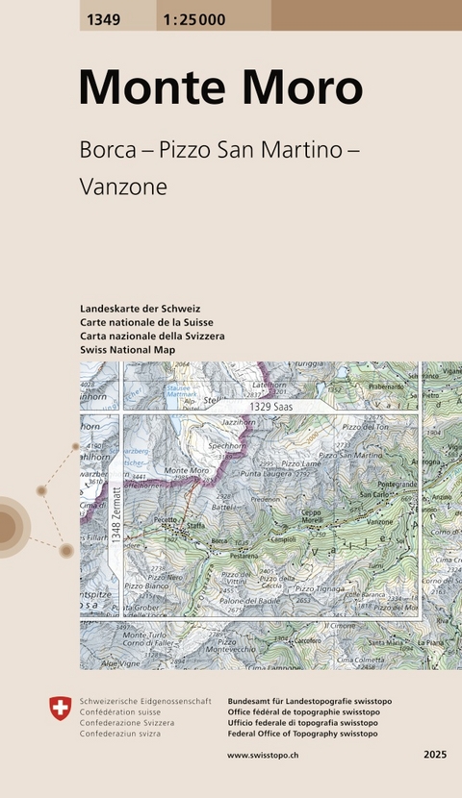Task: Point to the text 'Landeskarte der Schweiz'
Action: click(141, 308)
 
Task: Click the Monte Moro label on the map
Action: click(187, 471)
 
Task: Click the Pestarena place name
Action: click(244, 556)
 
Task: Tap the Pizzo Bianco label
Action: click(145, 586)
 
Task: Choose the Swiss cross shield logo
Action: click(60, 710)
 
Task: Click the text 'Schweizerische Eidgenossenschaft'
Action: click(145, 703)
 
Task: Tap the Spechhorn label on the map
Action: click(237, 447)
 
